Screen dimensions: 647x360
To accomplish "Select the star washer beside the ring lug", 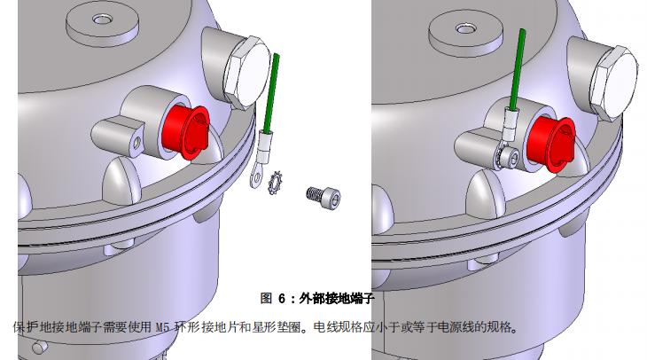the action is coord(275,182).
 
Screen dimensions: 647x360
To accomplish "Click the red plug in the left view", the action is coord(186,132).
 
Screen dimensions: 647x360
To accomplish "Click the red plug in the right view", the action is coord(551,142).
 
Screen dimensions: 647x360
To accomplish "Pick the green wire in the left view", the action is coord(271,92).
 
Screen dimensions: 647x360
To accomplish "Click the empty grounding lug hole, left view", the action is coord(137,143).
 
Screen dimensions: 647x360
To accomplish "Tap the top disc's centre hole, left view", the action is coord(102,19).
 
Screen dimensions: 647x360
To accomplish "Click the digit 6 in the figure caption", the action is coord(282,298).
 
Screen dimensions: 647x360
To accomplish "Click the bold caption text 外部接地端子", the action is coord(336,298).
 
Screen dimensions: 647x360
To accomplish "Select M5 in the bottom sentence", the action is coord(162,328).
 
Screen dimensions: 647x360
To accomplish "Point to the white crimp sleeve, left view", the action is coord(264,145).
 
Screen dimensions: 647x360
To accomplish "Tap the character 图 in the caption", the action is coord(266,298).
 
